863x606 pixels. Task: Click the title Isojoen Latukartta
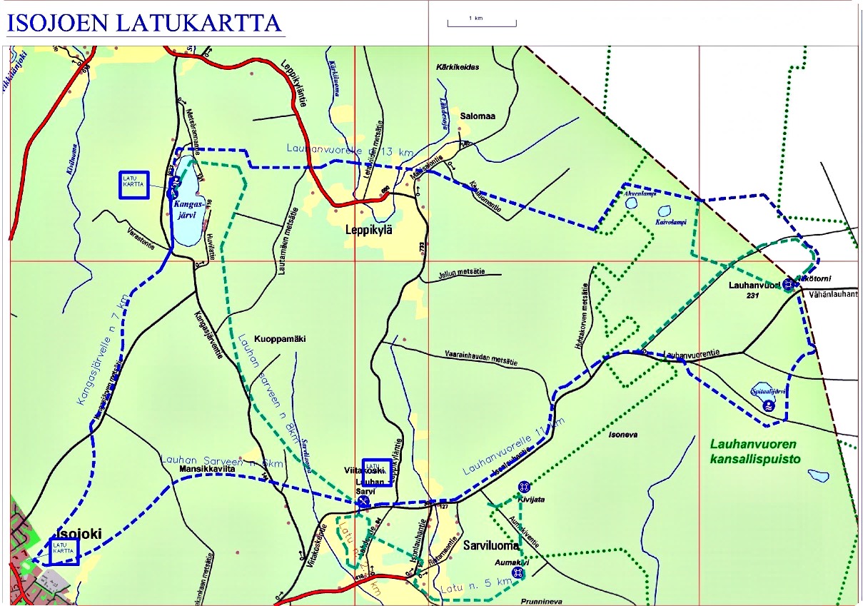145,23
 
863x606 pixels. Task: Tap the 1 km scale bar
481,23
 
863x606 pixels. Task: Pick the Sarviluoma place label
490,545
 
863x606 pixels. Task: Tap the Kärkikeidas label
458,66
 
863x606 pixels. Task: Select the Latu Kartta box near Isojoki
63,551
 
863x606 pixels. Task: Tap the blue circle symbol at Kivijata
524,486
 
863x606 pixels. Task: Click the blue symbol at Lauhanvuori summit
788,284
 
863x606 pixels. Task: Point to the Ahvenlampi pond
631,203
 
